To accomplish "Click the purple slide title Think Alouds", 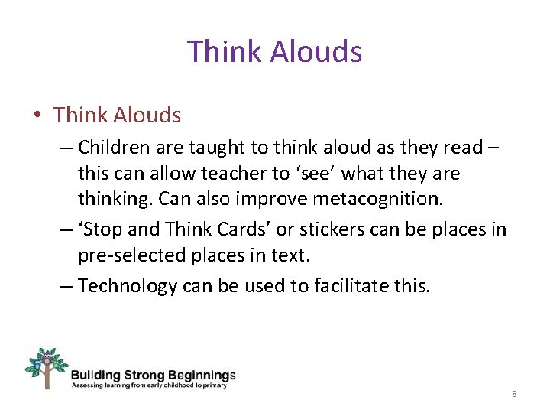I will pyautogui.click(x=274, y=52).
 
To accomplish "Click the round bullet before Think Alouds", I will pyautogui.click(x=37, y=116).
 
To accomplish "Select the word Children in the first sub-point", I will pyautogui.click(x=115, y=146).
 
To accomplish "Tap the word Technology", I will pyautogui.click(x=128, y=286).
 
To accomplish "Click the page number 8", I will pyautogui.click(x=514, y=394).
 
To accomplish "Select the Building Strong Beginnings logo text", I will pyautogui.click(x=153, y=376).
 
